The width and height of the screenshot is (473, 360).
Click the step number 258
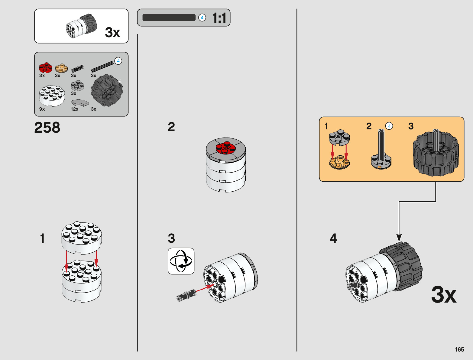click(47, 128)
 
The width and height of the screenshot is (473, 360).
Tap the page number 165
click(459, 349)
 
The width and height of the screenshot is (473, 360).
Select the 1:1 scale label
click(219, 18)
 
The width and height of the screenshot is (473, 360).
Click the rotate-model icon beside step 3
click(181, 261)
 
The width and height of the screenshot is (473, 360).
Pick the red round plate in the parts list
click(45, 67)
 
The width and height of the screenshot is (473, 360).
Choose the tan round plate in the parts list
click(61, 68)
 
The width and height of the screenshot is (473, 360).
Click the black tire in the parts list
click(107, 90)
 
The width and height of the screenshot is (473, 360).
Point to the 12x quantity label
click(74, 109)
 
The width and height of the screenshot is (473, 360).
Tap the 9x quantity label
click(42, 109)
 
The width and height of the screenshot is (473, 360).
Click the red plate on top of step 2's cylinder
click(225, 148)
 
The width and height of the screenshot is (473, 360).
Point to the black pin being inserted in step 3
click(186, 295)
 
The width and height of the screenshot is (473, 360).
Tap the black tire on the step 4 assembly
click(404, 266)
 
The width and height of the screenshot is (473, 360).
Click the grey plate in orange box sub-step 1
click(339, 137)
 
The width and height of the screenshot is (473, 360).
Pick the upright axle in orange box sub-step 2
click(381, 145)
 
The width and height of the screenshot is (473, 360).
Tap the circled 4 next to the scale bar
click(202, 18)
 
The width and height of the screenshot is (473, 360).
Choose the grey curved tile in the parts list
click(80, 103)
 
